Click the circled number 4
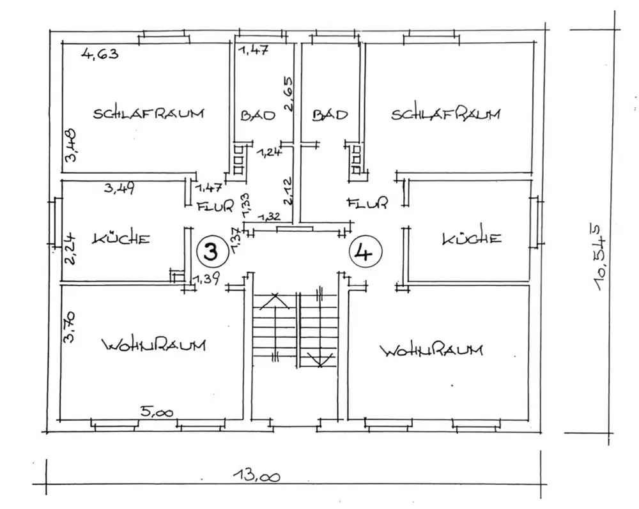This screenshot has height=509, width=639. point(364,253)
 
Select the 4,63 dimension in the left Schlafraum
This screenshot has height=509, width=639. point(100,54)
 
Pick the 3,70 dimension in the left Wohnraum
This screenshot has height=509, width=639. point(70,326)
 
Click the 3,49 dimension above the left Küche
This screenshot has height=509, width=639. point(118,187)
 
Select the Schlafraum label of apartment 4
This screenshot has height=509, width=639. point(445,115)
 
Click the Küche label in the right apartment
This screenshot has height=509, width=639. point(472,239)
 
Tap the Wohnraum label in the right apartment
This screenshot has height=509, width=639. point(431,351)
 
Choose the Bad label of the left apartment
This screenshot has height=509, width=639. point(258,116)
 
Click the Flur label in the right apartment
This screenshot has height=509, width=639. point(367,204)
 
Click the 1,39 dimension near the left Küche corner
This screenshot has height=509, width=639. point(208,278)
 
